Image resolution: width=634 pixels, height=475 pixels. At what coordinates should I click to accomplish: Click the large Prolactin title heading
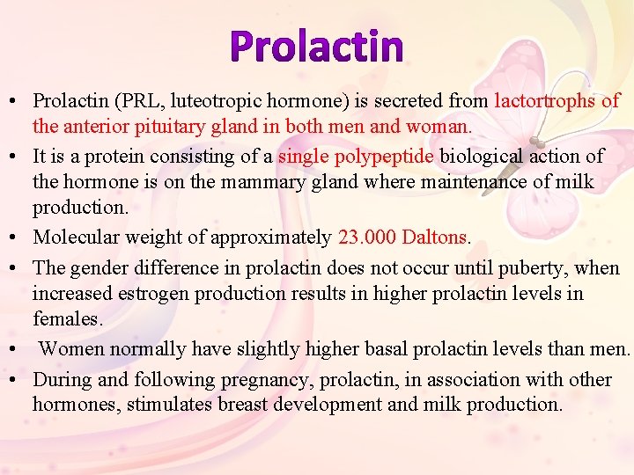coord(317,47)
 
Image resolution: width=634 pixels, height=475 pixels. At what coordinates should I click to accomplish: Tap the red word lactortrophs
coord(545,101)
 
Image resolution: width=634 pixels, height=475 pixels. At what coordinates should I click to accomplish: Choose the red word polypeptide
coord(384,157)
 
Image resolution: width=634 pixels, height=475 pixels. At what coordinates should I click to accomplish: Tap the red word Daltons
coord(438,237)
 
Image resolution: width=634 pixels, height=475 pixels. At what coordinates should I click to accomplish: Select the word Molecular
coord(77,237)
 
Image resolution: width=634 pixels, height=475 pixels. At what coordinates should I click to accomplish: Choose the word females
coord(67,318)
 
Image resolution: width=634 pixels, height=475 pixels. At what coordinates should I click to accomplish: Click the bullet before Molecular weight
coord(16,238)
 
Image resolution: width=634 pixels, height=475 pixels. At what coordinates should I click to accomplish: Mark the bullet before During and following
coord(16,381)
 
